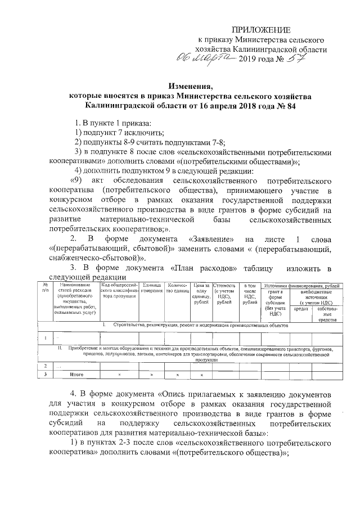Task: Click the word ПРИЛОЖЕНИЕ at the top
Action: coord(262,29)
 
